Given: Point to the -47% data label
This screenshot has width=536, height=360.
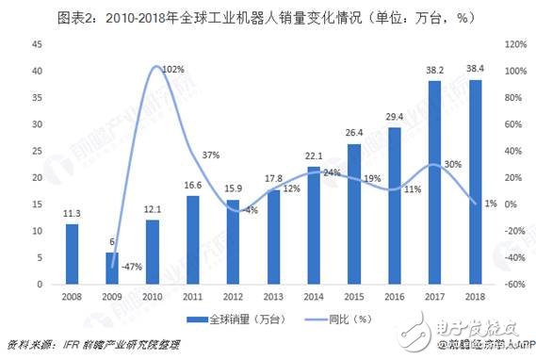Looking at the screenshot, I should tap(132, 267).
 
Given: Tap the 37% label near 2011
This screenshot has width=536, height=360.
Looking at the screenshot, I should tap(211, 155).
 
